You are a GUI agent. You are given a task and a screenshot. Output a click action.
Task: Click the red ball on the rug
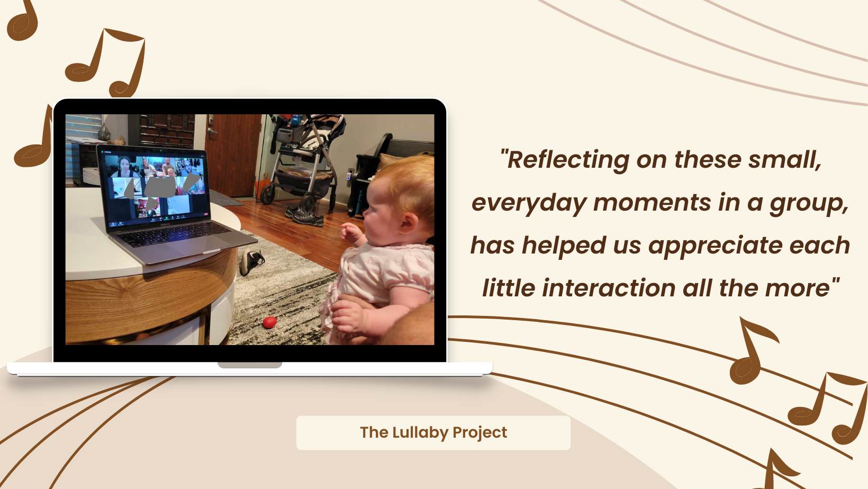(x=270, y=322)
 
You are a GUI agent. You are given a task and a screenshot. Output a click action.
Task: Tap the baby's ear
(x=409, y=223)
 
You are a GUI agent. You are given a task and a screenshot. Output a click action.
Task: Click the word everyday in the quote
(x=529, y=203)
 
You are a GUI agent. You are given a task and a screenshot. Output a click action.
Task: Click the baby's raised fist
(x=350, y=232)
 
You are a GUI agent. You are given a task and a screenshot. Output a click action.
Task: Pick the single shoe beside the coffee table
(x=251, y=261)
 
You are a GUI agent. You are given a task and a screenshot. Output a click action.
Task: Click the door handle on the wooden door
(x=212, y=131)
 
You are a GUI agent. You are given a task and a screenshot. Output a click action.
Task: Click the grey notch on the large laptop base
(x=250, y=365)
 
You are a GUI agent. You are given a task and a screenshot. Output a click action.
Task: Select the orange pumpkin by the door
(x=263, y=185)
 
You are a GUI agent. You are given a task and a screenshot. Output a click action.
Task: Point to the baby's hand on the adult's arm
(x=349, y=316)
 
